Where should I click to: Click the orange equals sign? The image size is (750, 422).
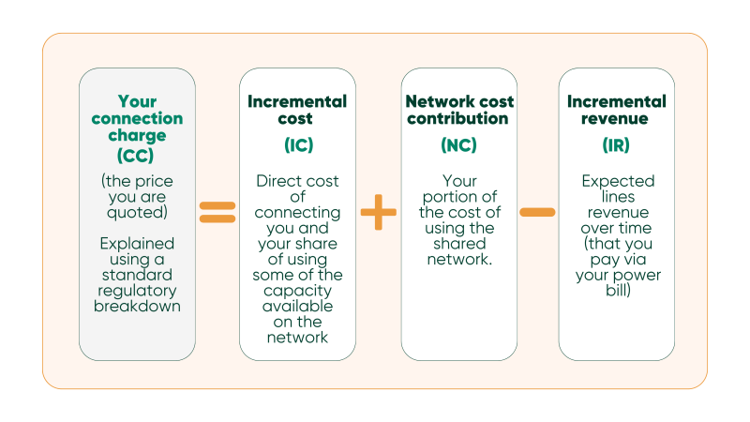217,212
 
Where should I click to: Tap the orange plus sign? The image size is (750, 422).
379,212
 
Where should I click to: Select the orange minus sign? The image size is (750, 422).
537,212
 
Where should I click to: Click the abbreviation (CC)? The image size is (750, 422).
137,154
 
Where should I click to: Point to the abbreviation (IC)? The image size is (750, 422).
298,145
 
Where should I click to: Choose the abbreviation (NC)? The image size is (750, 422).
458,145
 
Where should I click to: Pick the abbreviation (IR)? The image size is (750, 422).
616,145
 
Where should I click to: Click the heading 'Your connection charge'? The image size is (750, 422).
137,118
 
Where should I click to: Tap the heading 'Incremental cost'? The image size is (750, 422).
297,110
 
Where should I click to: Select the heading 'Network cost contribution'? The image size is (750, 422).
457,110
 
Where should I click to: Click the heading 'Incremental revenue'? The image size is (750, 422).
616,110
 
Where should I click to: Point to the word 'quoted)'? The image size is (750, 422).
137,212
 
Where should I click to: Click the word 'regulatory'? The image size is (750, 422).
137,291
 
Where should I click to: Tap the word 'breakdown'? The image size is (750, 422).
137,306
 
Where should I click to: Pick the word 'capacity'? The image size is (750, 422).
298,291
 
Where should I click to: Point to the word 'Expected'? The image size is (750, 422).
616,181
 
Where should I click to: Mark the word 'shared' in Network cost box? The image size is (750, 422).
458,244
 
